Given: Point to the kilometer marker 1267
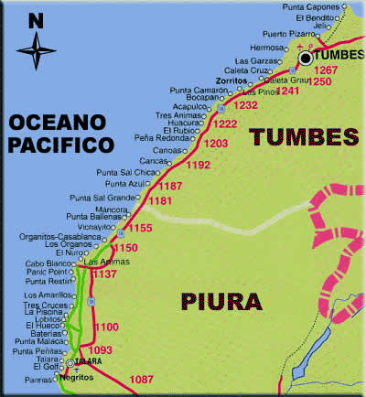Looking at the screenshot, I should tap(326, 70).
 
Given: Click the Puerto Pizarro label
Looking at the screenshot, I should tap(286, 36).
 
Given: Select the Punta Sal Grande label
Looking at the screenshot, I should tap(101, 197).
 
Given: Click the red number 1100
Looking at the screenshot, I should tap(107, 327).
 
